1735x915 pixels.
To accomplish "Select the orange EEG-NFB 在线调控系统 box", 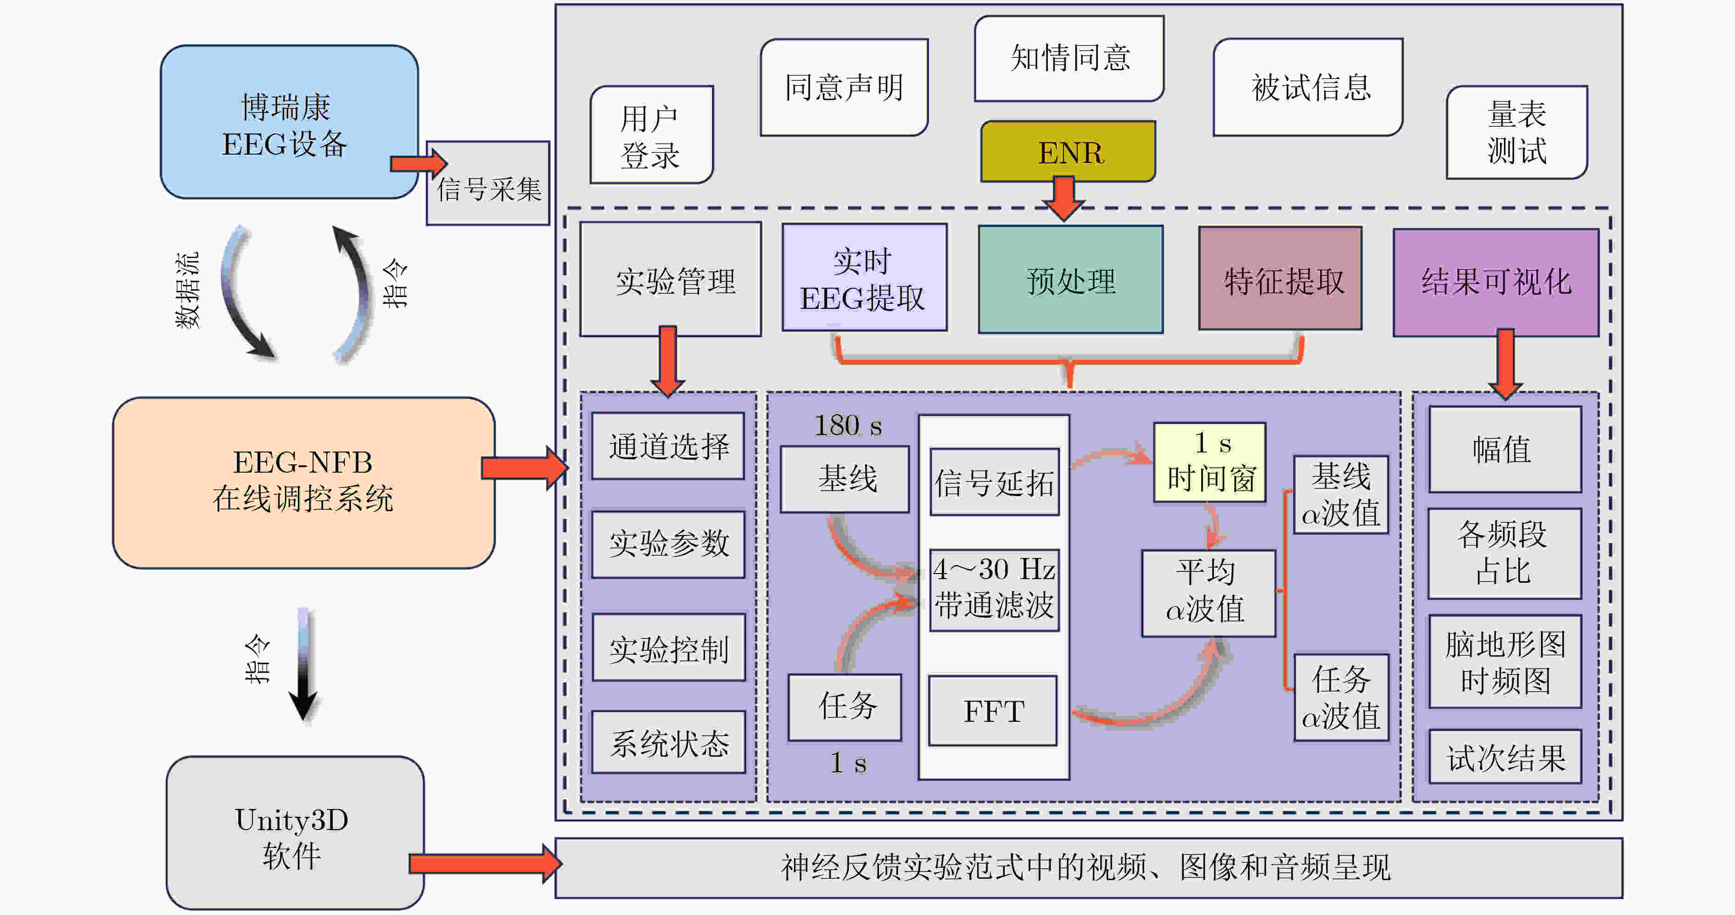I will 303,482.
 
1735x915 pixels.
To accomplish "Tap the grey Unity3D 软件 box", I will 294,832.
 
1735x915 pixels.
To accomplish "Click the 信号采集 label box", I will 488,189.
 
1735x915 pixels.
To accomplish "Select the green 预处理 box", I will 1070,279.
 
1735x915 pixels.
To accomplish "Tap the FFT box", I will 993,711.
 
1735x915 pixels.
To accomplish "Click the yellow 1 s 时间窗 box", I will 1209,462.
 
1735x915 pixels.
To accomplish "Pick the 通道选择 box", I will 668,446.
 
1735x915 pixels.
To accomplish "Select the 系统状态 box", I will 668,742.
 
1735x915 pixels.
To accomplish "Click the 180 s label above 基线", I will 847,425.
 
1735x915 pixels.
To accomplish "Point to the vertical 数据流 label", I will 187,291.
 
